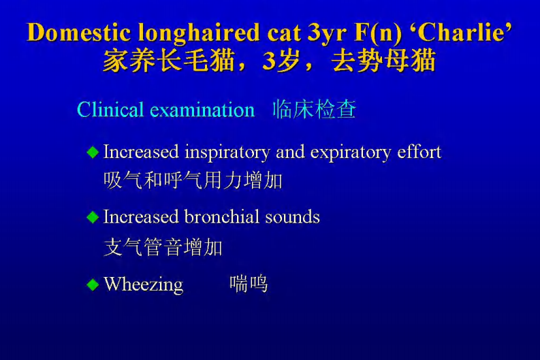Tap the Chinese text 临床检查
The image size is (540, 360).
[314, 110]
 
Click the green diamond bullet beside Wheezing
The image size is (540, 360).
[93, 284]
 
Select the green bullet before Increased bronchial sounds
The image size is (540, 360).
[93, 218]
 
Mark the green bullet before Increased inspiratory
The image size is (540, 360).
[93, 152]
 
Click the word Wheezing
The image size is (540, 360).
[144, 284]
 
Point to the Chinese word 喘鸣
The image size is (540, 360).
[249, 284]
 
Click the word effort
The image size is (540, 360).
[419, 151]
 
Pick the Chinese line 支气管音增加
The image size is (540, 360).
[163, 247]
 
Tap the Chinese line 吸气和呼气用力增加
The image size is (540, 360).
[193, 181]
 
